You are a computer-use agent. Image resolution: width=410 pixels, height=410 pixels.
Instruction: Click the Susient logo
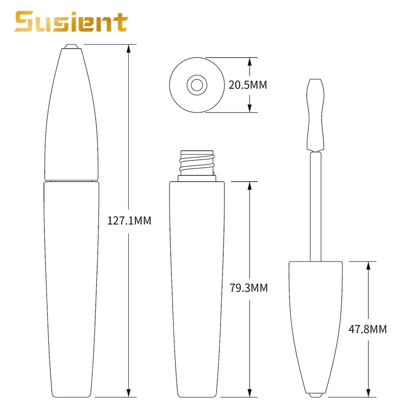pos(71,22)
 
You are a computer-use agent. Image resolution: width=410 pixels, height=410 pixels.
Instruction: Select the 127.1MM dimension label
pos(129,221)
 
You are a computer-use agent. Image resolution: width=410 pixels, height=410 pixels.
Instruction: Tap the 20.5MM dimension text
pos(248,85)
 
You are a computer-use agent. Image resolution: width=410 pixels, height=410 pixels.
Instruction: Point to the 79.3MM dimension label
pos(248,288)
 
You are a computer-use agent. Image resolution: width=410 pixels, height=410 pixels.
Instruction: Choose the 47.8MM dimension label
pos(367,328)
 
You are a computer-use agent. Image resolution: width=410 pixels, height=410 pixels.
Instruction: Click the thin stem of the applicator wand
pos(315,205)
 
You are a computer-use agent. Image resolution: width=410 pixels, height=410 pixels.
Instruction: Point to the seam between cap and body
pos(71,180)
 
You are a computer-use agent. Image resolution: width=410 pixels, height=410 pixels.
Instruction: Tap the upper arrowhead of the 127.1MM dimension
pos(129,48)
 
